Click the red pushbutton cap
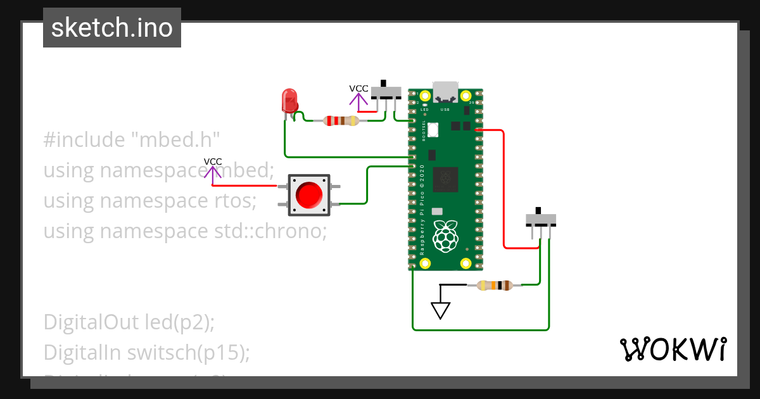click(x=309, y=194)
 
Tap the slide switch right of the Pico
click(x=540, y=219)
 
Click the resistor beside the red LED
click(x=341, y=120)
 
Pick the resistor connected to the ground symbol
click(x=494, y=286)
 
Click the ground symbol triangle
click(x=440, y=310)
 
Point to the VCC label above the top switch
click(x=358, y=89)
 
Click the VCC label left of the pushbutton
click(x=213, y=161)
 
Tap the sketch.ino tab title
click(x=112, y=28)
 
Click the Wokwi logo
click(x=673, y=350)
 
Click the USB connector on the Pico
click(x=445, y=92)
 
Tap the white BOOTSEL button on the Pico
click(x=433, y=130)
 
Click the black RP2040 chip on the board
click(x=445, y=179)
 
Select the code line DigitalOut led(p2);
click(x=129, y=322)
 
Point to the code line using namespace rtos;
click(x=149, y=200)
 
